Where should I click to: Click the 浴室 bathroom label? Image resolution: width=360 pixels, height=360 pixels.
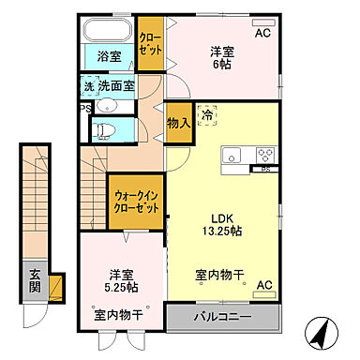(x=110, y=56)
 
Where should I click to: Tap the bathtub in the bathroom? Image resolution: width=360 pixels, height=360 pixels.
(x=109, y=29)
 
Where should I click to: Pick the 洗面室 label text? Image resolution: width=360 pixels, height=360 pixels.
(x=116, y=85)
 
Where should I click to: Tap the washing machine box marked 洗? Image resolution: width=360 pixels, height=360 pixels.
(x=87, y=85)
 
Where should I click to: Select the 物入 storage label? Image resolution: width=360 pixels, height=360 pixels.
(x=178, y=122)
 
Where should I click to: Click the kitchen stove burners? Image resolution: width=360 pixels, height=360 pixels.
(x=263, y=155)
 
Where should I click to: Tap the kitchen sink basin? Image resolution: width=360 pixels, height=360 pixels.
(x=232, y=156)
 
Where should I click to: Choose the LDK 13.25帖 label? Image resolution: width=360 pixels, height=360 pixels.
(x=221, y=223)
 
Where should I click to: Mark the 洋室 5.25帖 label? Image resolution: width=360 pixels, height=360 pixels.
(x=119, y=281)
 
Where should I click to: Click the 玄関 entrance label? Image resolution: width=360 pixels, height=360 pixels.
(x=35, y=280)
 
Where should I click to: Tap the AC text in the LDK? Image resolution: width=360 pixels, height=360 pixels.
(x=263, y=284)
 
